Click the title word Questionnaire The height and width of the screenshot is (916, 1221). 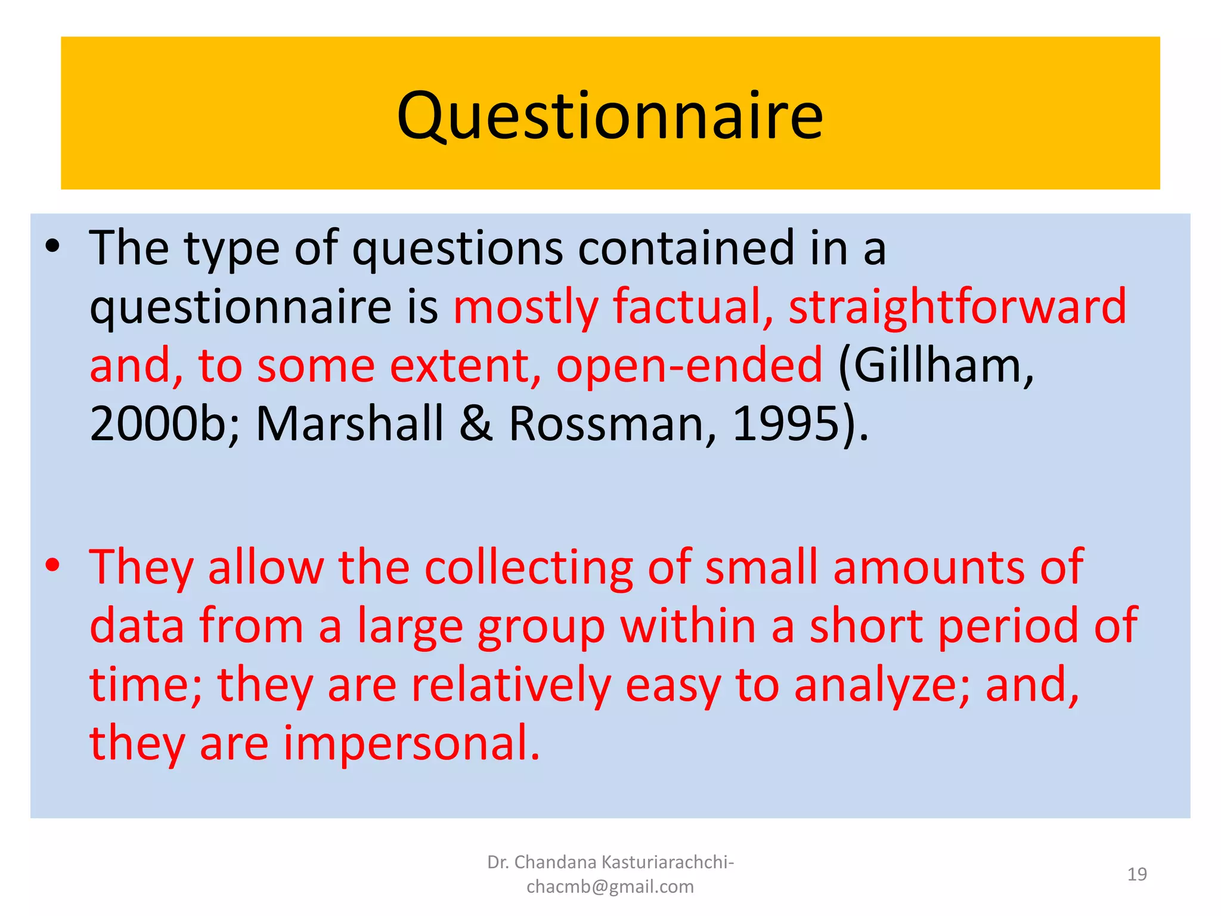(610, 116)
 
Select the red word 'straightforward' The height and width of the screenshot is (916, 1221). (957, 307)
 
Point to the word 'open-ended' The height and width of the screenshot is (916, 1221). (689, 365)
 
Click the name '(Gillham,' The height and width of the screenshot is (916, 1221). (935, 365)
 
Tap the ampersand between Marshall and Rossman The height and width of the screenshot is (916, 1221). (476, 423)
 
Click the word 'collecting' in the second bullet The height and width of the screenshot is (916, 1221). (528, 567)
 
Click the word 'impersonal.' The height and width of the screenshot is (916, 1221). (411, 743)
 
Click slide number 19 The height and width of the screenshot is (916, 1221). (1137, 874)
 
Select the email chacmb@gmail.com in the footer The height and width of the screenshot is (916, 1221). (610, 887)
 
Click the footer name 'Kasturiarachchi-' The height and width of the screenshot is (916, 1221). (668, 862)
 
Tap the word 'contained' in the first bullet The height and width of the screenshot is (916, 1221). (686, 247)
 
